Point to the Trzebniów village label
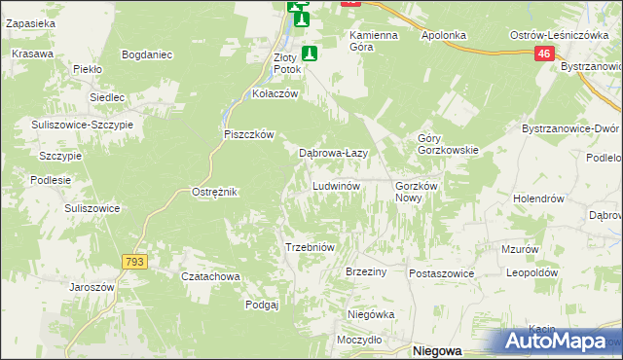point(310,247)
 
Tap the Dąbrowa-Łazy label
point(332,153)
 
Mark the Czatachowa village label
point(210,276)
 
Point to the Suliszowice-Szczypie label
point(87,126)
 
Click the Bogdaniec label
point(147,54)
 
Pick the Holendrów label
point(539,198)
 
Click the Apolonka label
point(444,35)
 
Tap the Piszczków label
point(250,134)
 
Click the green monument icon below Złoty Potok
point(310,54)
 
